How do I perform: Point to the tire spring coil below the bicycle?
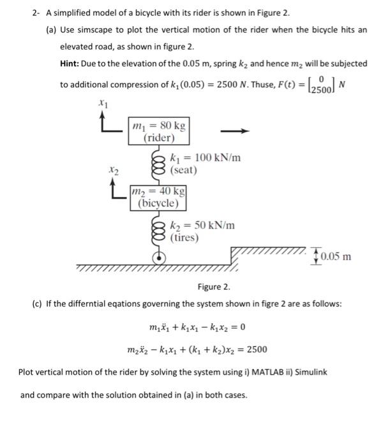(158, 230)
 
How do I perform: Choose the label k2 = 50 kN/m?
(202, 225)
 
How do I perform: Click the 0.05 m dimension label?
(334, 256)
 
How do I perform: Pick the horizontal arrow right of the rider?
(235, 132)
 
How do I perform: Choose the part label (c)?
(37, 303)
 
